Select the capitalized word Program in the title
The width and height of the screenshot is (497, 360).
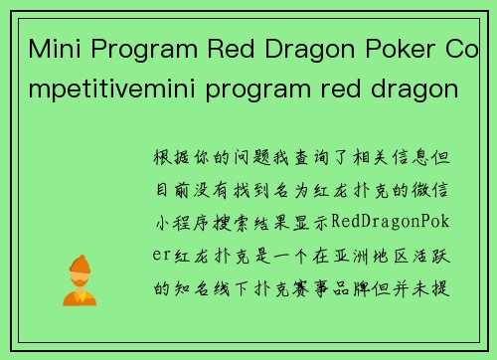pyautogui.click(x=139, y=49)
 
